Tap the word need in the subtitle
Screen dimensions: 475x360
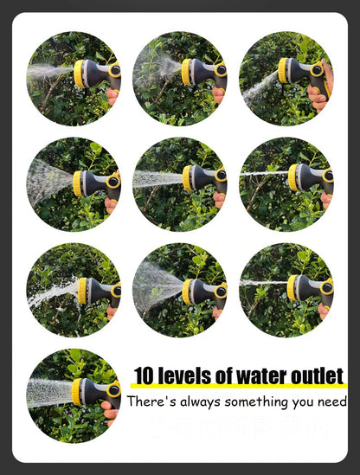(x=331, y=401)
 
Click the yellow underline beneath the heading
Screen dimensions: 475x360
(x=238, y=387)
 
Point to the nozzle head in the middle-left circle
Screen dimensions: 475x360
(x=79, y=182)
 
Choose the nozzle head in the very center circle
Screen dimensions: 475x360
(x=187, y=177)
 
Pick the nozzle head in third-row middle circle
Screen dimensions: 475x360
(x=186, y=292)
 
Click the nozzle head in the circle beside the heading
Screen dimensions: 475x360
(x=78, y=391)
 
